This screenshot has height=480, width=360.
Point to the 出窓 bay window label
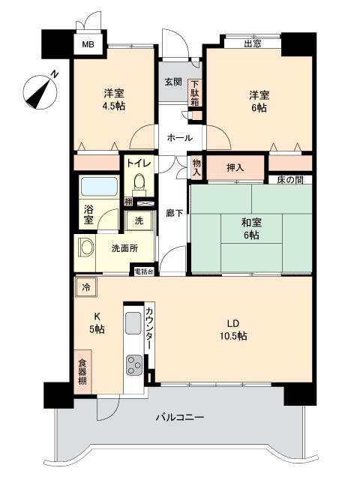pyautogui.click(x=252, y=44)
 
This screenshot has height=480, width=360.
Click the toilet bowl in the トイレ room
pyautogui.click(x=137, y=184)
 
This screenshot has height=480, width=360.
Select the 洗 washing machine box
pyautogui.click(x=139, y=221)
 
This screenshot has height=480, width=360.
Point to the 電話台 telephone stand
pyautogui.click(x=144, y=271)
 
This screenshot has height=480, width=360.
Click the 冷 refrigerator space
pyautogui.click(x=87, y=286)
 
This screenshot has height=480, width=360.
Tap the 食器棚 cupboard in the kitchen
pyautogui.click(x=83, y=371)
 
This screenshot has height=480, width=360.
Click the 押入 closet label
pyautogui.click(x=235, y=168)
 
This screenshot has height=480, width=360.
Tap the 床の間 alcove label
pyautogui.click(x=289, y=181)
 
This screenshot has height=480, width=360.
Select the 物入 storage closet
pyautogui.click(x=196, y=166)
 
